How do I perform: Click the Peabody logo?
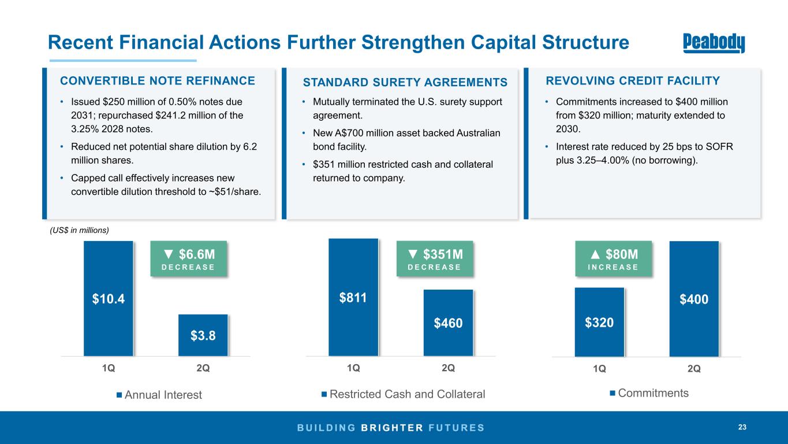pyautogui.click(x=714, y=43)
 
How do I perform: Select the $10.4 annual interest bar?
pyautogui.click(x=109, y=298)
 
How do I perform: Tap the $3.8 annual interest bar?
pyautogui.click(x=203, y=335)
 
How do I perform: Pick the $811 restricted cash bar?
pyautogui.click(x=353, y=297)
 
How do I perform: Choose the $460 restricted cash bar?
pyautogui.click(x=448, y=323)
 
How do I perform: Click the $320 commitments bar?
pyautogui.click(x=599, y=322)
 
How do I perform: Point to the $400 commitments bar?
pyautogui.click(x=694, y=299)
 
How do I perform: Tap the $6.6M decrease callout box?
pyautogui.click(x=189, y=258)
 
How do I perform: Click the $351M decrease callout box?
pyautogui.click(x=435, y=258)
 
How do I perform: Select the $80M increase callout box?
pyautogui.click(x=614, y=258)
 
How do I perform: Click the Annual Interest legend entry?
pyautogui.click(x=159, y=395)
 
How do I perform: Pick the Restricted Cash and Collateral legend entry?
pyautogui.click(x=404, y=394)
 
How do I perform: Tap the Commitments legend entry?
pyautogui.click(x=649, y=393)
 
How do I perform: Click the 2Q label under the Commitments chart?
pyautogui.click(x=694, y=369)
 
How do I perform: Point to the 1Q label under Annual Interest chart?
pyautogui.click(x=109, y=368)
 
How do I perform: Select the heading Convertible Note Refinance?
pyautogui.click(x=158, y=81)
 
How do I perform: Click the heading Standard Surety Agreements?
pyautogui.click(x=405, y=82)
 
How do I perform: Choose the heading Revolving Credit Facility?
pyautogui.click(x=633, y=81)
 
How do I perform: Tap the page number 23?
pyautogui.click(x=742, y=427)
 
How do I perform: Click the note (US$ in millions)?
pyautogui.click(x=80, y=230)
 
